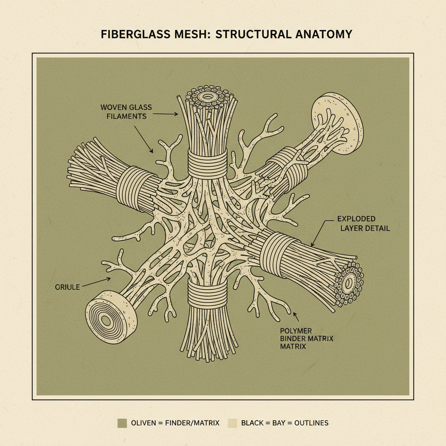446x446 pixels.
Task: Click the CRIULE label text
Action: (x=68, y=287)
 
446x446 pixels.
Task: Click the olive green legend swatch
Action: (x=122, y=422)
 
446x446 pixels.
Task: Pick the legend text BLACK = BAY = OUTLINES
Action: (x=285, y=423)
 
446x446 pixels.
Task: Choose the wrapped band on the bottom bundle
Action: (x=207, y=294)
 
